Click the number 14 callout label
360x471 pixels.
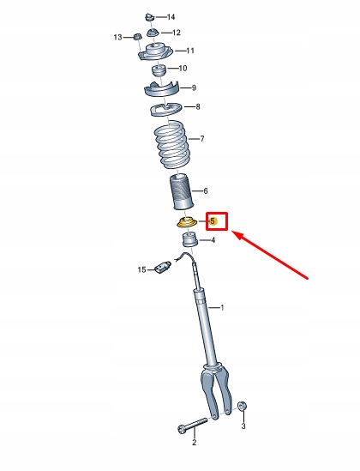point(171,17)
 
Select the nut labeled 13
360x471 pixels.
point(135,37)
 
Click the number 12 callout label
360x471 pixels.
point(176,33)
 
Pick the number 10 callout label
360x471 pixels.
point(183,68)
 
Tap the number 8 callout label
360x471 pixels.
point(198,107)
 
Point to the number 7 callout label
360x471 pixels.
point(201,138)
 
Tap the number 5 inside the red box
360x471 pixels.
point(213,220)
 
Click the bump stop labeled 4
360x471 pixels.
point(188,239)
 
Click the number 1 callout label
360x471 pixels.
point(221,307)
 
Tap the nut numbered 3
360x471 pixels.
point(243,406)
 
